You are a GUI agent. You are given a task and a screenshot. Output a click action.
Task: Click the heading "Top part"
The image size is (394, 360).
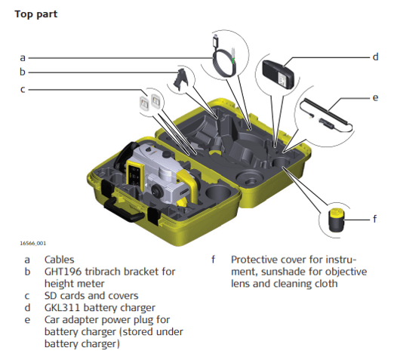click(36, 14)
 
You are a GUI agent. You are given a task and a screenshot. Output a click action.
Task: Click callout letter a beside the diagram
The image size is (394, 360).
click(23, 58)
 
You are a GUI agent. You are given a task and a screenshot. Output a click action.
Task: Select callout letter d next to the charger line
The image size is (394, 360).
click(375, 57)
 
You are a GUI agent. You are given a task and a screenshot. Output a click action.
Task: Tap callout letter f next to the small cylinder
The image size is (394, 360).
click(375, 219)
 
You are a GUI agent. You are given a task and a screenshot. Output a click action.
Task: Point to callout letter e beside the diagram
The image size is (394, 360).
click(375, 97)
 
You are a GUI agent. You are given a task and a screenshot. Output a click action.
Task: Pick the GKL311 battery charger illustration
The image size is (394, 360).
click(279, 74)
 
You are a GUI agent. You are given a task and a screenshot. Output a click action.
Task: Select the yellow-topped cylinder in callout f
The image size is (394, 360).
click(337, 220)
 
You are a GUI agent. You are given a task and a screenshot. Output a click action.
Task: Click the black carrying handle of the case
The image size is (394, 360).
click(123, 210)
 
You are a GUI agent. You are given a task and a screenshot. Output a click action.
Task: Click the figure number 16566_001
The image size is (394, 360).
click(33, 243)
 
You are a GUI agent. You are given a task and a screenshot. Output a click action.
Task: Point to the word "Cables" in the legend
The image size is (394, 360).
click(60, 260)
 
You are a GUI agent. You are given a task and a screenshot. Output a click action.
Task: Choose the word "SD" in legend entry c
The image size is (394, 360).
click(51, 296)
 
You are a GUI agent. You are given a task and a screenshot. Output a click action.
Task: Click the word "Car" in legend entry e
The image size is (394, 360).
click(52, 320)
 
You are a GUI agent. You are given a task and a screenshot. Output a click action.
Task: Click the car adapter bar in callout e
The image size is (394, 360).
click(326, 112)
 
